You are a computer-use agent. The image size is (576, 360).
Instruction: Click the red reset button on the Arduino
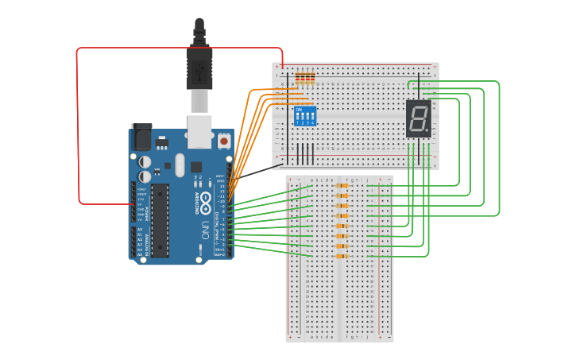click(224, 141)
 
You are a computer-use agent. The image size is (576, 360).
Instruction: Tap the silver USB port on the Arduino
click(199, 131)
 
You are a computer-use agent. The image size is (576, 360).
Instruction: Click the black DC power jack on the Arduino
click(141, 137)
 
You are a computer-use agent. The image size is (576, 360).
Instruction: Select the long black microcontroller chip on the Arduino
click(160, 220)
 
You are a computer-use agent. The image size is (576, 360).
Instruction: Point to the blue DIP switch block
click(305, 115)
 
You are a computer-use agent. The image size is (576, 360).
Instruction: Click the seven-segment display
click(419, 118)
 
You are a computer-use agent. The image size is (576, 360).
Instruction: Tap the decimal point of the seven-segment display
click(427, 130)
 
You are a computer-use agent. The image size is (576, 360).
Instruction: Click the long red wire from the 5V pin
click(77, 127)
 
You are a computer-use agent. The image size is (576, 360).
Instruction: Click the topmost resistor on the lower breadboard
click(342, 186)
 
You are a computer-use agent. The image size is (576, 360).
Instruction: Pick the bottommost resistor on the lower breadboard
click(342, 256)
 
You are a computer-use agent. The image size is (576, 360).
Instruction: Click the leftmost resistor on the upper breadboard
click(299, 78)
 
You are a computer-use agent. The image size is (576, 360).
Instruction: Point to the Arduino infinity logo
click(205, 199)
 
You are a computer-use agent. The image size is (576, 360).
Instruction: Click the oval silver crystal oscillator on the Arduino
click(180, 165)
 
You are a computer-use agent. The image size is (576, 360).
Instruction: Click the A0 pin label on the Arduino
click(141, 230)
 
